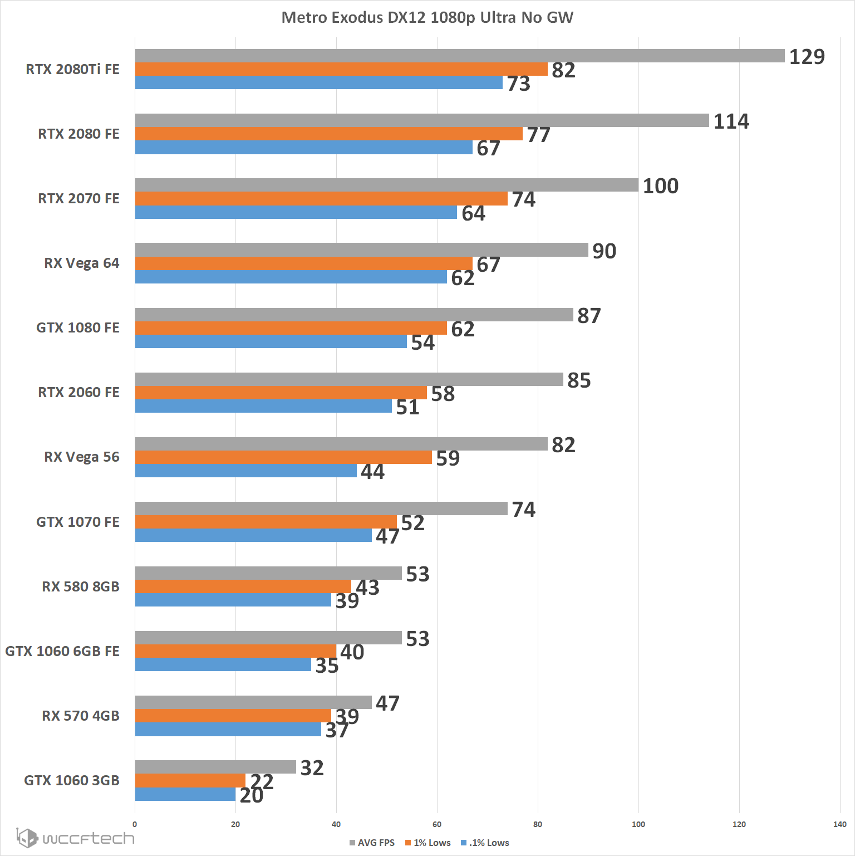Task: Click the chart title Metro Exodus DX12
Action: [427, 18]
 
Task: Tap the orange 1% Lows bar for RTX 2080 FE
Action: [328, 134]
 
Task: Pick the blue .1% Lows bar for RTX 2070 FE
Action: [296, 212]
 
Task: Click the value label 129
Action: [807, 57]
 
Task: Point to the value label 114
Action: [731, 121]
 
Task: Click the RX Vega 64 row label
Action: [81, 263]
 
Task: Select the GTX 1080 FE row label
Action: [78, 327]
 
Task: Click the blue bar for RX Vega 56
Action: [245, 471]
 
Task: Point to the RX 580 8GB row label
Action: [81, 586]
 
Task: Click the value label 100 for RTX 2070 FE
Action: [660, 186]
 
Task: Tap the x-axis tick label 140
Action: [839, 824]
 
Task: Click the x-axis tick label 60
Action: [437, 824]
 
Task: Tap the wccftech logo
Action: [75, 838]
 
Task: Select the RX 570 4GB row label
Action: [81, 716]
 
